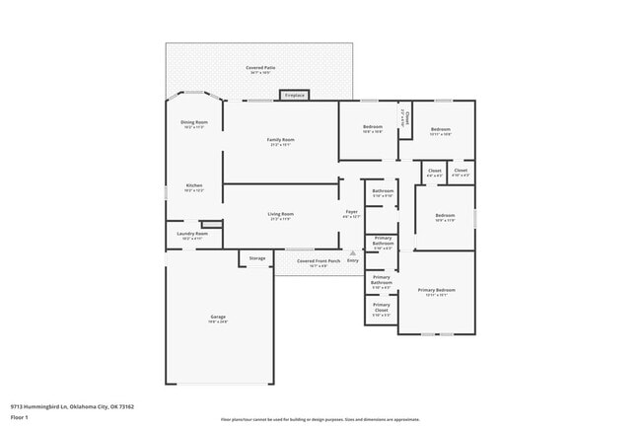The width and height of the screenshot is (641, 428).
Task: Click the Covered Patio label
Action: (261, 67)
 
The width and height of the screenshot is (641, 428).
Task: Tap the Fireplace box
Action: (294, 96)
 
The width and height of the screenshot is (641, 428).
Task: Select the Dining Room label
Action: (194, 122)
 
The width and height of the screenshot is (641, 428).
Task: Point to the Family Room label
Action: (281, 140)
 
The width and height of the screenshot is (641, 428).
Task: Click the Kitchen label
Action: (194, 185)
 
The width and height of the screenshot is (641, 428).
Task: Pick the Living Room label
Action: (281, 214)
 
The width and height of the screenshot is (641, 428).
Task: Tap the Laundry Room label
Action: (194, 234)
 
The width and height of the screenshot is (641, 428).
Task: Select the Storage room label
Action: (256, 258)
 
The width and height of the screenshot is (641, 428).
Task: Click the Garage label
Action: (217, 318)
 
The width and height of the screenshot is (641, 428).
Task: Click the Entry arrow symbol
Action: (352, 253)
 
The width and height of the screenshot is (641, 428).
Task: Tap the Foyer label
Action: (350, 212)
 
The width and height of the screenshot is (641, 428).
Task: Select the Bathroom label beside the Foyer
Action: (383, 190)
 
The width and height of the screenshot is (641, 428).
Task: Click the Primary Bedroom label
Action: (436, 290)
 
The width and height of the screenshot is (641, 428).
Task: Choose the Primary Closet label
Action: (382, 308)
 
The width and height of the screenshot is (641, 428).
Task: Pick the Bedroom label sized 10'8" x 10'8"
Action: (372, 127)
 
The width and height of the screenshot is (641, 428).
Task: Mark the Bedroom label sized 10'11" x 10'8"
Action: (440, 129)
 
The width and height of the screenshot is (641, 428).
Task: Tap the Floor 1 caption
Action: (20, 416)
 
